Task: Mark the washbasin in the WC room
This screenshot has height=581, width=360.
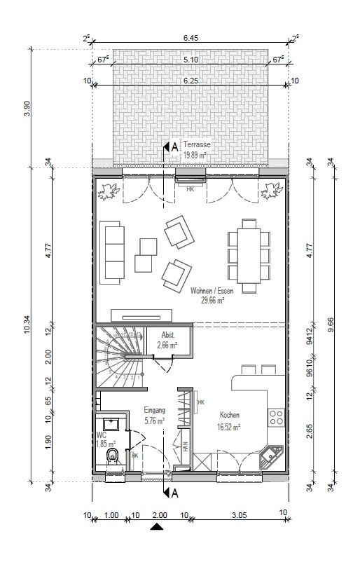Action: click(110, 423)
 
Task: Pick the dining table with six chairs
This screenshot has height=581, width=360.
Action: click(249, 255)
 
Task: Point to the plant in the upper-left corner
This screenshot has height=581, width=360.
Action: click(109, 191)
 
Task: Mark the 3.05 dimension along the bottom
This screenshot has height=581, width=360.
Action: click(238, 514)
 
